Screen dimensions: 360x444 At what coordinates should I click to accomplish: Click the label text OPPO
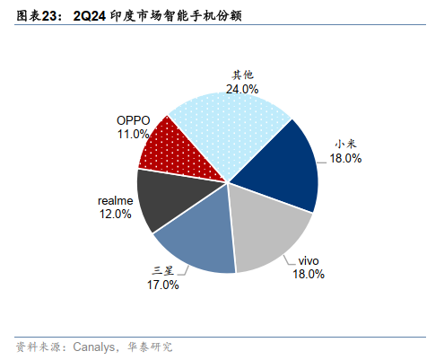pyautogui.click(x=133, y=120)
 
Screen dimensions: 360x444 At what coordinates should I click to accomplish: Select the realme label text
pyautogui.click(x=115, y=200)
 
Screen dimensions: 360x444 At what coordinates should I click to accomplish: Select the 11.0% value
pyautogui.click(x=133, y=134)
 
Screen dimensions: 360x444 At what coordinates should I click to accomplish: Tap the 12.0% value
pyautogui.click(x=115, y=215)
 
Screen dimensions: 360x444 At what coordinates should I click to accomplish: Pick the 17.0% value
pyautogui.click(x=162, y=285)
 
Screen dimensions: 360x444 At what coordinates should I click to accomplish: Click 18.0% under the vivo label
pyautogui.click(x=308, y=275)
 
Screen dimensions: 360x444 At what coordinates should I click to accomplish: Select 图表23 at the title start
pyautogui.click(x=37, y=17)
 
